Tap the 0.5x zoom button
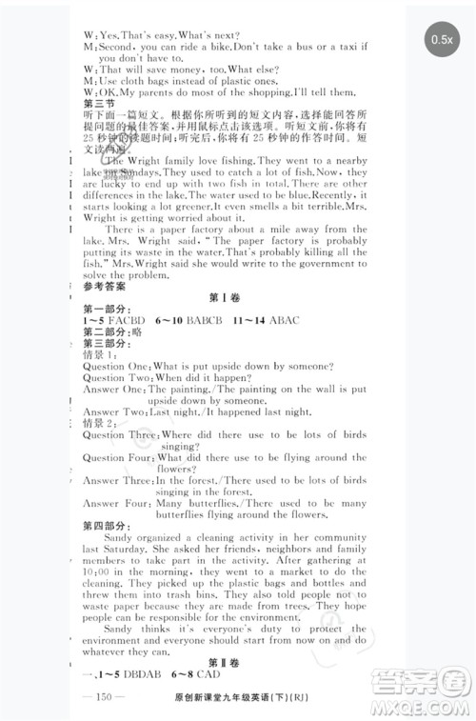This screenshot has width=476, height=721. (442, 39)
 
